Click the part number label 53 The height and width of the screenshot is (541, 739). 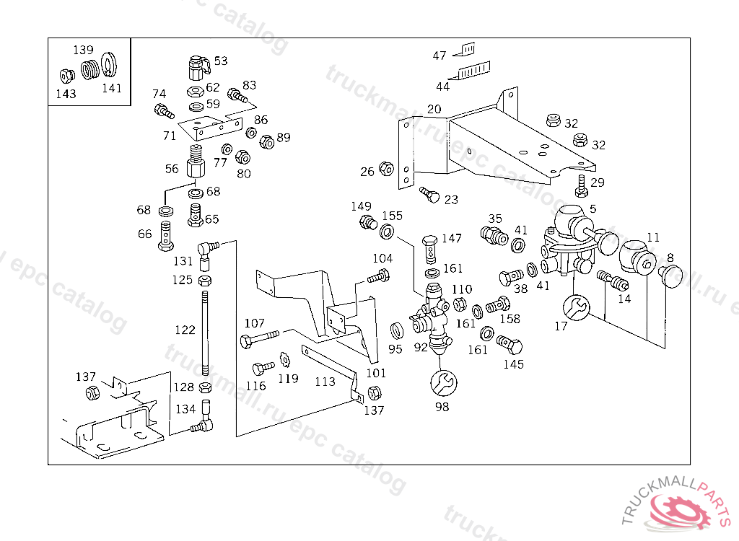(221, 61)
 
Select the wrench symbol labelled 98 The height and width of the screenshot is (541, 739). (442, 382)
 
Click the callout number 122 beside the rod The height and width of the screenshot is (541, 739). (185, 330)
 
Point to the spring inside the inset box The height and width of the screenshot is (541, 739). (89, 70)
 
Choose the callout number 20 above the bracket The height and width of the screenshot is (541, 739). (433, 110)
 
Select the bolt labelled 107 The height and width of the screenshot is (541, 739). (260, 338)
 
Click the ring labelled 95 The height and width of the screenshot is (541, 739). (396, 331)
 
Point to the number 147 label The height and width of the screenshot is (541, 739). (452, 239)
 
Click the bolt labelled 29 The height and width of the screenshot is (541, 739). (582, 185)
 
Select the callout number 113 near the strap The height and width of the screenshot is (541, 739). (325, 381)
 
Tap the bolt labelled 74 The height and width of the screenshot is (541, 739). (163, 112)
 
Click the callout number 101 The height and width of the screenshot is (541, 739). (376, 373)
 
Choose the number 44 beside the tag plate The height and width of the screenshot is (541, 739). (442, 87)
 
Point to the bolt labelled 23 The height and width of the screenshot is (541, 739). (429, 195)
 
